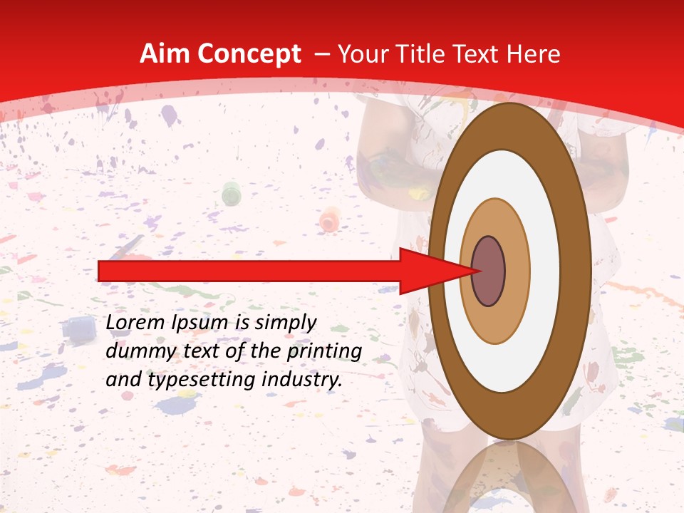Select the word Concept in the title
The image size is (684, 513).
249,55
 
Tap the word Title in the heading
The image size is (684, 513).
426,54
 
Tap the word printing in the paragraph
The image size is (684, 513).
321,352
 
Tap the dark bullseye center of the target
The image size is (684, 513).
489,271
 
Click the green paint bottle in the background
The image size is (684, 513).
231,193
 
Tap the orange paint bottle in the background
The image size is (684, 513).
329,219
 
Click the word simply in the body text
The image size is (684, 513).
284,323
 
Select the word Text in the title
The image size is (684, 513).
483,54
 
